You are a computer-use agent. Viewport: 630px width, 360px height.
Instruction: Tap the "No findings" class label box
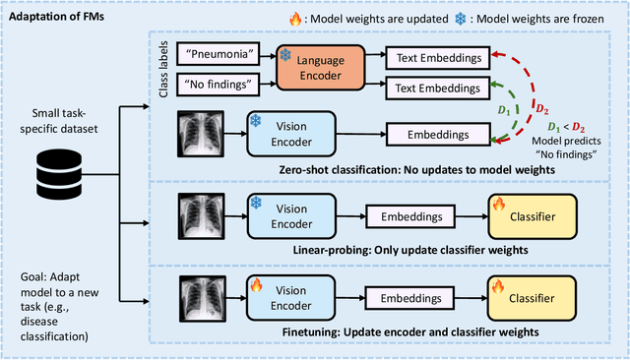[222, 85]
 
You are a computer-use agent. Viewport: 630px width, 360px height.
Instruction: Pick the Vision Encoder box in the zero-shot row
[283, 133]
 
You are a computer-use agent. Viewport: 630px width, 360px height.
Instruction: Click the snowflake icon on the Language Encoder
[285, 54]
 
